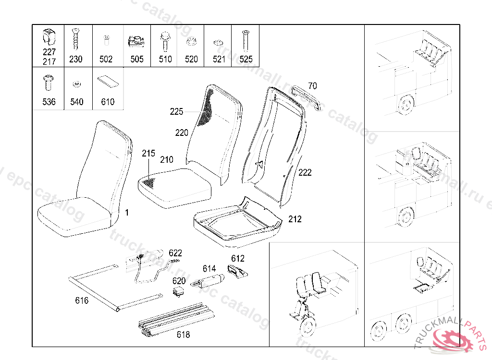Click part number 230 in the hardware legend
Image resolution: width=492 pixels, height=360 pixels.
coord(76,59)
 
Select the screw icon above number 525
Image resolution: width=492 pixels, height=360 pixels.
coord(246,40)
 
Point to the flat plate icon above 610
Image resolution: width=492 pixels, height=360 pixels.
coord(107,82)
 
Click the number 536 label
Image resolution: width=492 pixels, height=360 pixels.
coord(49,102)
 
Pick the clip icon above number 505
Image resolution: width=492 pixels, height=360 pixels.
coord(136,41)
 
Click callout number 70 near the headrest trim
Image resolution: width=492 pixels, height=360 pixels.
coord(312,86)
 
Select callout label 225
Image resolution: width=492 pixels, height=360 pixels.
coord(177,112)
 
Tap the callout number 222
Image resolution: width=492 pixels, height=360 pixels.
coord(305,172)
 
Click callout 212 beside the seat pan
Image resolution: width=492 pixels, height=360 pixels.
coord(295,219)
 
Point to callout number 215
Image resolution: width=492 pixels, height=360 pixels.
coord(148,154)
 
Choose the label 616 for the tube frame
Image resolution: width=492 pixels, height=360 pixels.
coord(82,301)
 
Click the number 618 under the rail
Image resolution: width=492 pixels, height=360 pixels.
coord(183,335)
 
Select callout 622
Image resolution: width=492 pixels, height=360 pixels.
coord(175,253)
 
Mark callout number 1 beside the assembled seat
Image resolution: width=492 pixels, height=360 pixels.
coord(127,212)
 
